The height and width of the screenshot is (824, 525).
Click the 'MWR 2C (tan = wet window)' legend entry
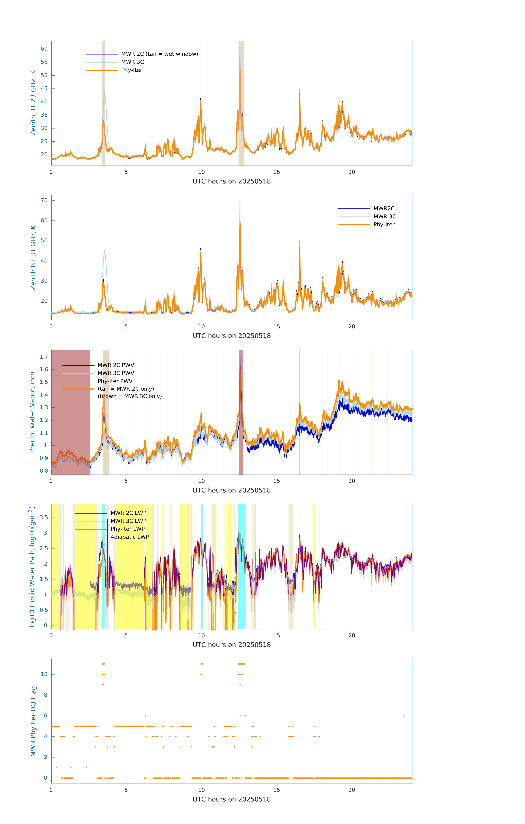159,54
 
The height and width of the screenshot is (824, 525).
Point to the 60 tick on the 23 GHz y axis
44,49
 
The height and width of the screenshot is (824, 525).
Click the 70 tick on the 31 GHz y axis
44,201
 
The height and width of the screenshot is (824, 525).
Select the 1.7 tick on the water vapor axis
44,357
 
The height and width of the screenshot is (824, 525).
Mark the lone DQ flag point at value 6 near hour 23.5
404,716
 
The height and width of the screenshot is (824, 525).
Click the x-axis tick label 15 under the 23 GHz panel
276,172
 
